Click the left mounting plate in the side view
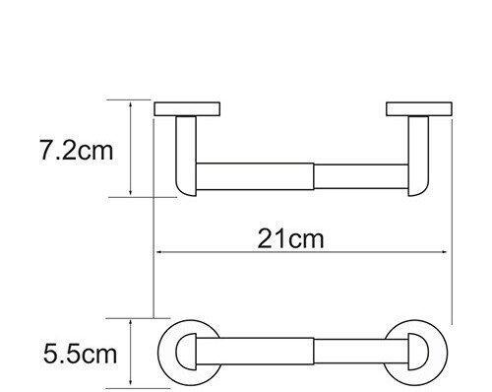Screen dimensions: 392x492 189,107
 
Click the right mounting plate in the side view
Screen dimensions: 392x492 417,107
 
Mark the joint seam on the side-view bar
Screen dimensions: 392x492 314,175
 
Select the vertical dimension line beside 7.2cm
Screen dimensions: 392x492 131,148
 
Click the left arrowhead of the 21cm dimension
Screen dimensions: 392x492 159,252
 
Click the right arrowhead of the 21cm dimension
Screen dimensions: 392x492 447,252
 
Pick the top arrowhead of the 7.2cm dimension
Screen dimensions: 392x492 131,102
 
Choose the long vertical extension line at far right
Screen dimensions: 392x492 451,217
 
